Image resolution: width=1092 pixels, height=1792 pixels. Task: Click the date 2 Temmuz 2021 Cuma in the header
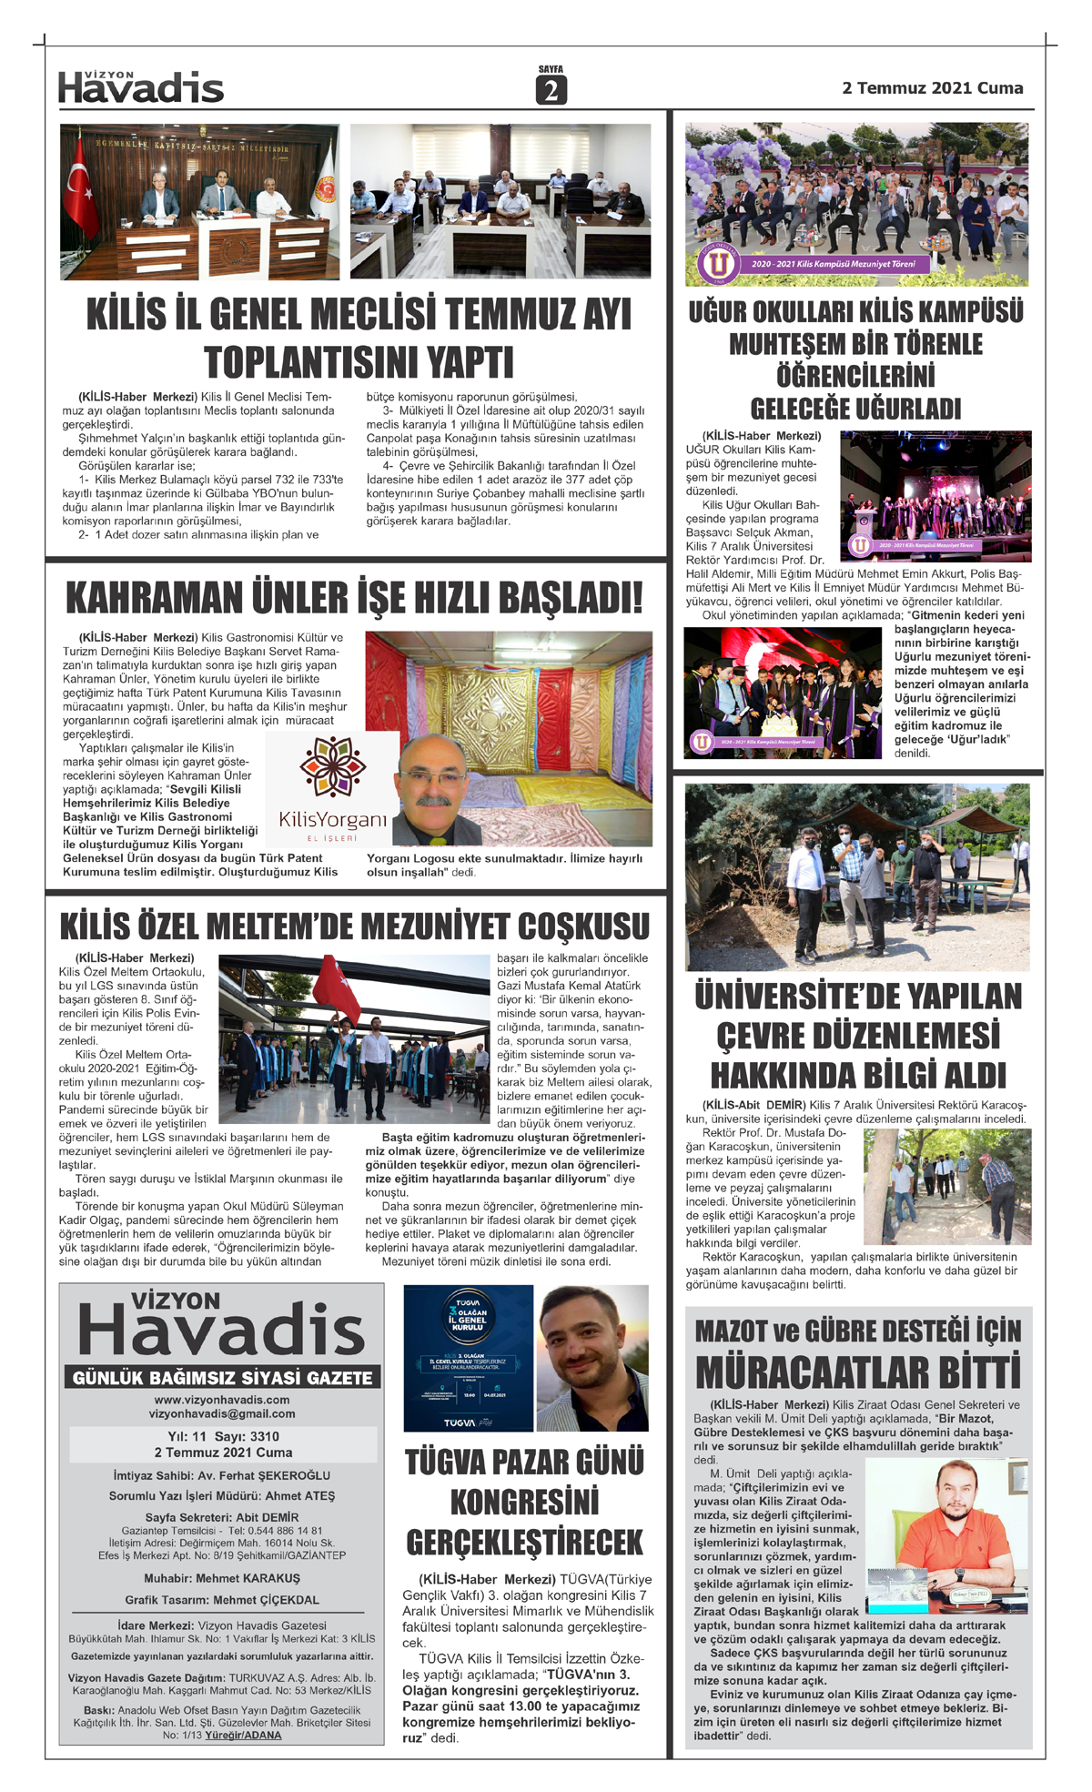click(932, 88)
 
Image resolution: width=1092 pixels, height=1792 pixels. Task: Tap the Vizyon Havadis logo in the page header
click(141, 87)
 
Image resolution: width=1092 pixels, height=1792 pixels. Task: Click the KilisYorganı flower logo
click(332, 766)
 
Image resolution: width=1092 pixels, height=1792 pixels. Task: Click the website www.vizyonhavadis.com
click(222, 1400)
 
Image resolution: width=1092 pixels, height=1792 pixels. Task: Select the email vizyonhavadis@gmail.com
click(222, 1414)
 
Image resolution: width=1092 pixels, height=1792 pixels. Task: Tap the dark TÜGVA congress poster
click(468, 1358)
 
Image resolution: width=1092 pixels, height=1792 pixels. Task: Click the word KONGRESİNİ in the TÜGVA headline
click(524, 1502)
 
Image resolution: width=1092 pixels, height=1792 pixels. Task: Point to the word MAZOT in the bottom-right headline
click(731, 1331)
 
